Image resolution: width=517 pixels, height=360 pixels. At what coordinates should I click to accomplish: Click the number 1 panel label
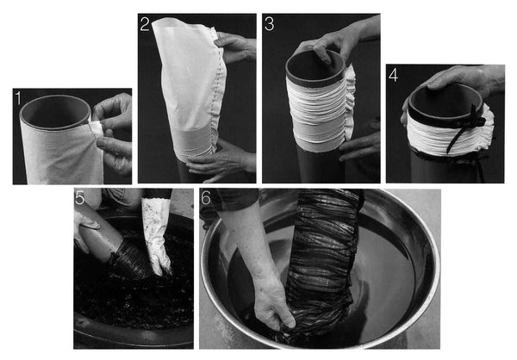pos(18,98)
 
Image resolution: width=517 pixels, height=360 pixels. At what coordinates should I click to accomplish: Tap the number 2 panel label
pos(145,24)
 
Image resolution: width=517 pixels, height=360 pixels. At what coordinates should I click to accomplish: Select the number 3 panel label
pos(270,24)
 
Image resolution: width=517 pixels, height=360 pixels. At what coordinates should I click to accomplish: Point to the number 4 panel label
pos(394,75)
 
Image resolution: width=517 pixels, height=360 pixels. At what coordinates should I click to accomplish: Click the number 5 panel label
pos(80,197)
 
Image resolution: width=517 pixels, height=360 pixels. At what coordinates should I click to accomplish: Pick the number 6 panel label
pos(206,197)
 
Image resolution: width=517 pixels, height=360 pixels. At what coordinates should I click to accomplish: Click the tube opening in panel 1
pos(55,111)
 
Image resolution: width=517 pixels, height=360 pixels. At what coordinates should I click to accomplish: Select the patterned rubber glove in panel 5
pos(157,235)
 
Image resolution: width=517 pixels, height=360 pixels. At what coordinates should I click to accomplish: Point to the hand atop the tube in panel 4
pos(462,78)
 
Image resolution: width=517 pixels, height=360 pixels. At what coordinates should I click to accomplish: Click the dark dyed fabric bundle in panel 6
pos(321,264)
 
